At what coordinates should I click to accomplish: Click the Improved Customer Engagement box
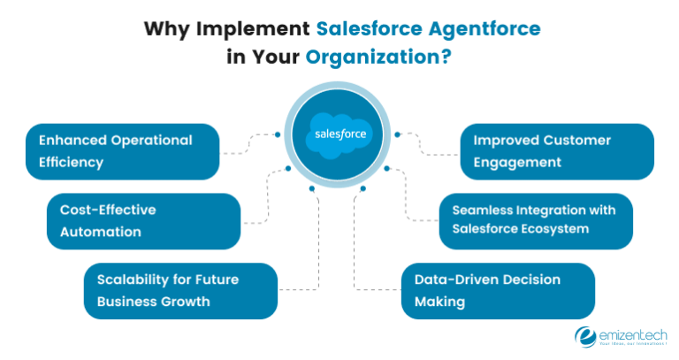tap(558, 151)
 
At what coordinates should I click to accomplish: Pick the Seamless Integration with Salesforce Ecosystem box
tap(536, 221)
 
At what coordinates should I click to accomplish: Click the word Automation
tap(100, 232)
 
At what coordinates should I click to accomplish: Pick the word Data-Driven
tap(454, 280)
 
